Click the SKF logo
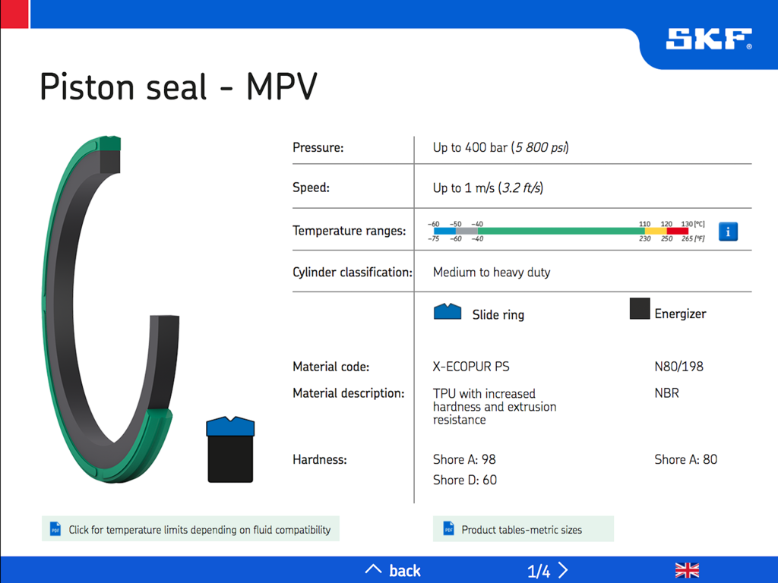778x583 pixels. pyautogui.click(x=708, y=39)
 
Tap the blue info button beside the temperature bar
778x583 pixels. pyautogui.click(x=728, y=232)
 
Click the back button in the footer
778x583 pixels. pyautogui.click(x=394, y=570)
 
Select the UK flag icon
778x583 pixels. pyautogui.click(x=687, y=570)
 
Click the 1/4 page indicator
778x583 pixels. pyautogui.click(x=539, y=571)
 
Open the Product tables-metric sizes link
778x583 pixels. pyautogui.click(x=523, y=529)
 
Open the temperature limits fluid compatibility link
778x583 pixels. pyautogui.click(x=191, y=529)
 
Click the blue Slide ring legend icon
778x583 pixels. pyautogui.click(x=448, y=311)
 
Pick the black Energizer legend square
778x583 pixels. pyautogui.click(x=640, y=309)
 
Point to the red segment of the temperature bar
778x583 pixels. pyautogui.click(x=677, y=231)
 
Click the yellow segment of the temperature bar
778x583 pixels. pyautogui.click(x=655, y=231)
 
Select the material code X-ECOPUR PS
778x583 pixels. pyautogui.click(x=471, y=367)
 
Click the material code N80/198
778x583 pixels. pyautogui.click(x=678, y=367)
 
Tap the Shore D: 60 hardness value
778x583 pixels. pyautogui.click(x=465, y=480)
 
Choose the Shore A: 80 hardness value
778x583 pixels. pyautogui.click(x=685, y=459)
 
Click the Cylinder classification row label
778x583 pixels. pyautogui.click(x=352, y=272)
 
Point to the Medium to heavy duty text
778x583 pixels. pyautogui.click(x=492, y=272)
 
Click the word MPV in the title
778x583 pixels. pyautogui.click(x=281, y=87)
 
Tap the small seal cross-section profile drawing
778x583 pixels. pyautogui.click(x=230, y=449)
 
